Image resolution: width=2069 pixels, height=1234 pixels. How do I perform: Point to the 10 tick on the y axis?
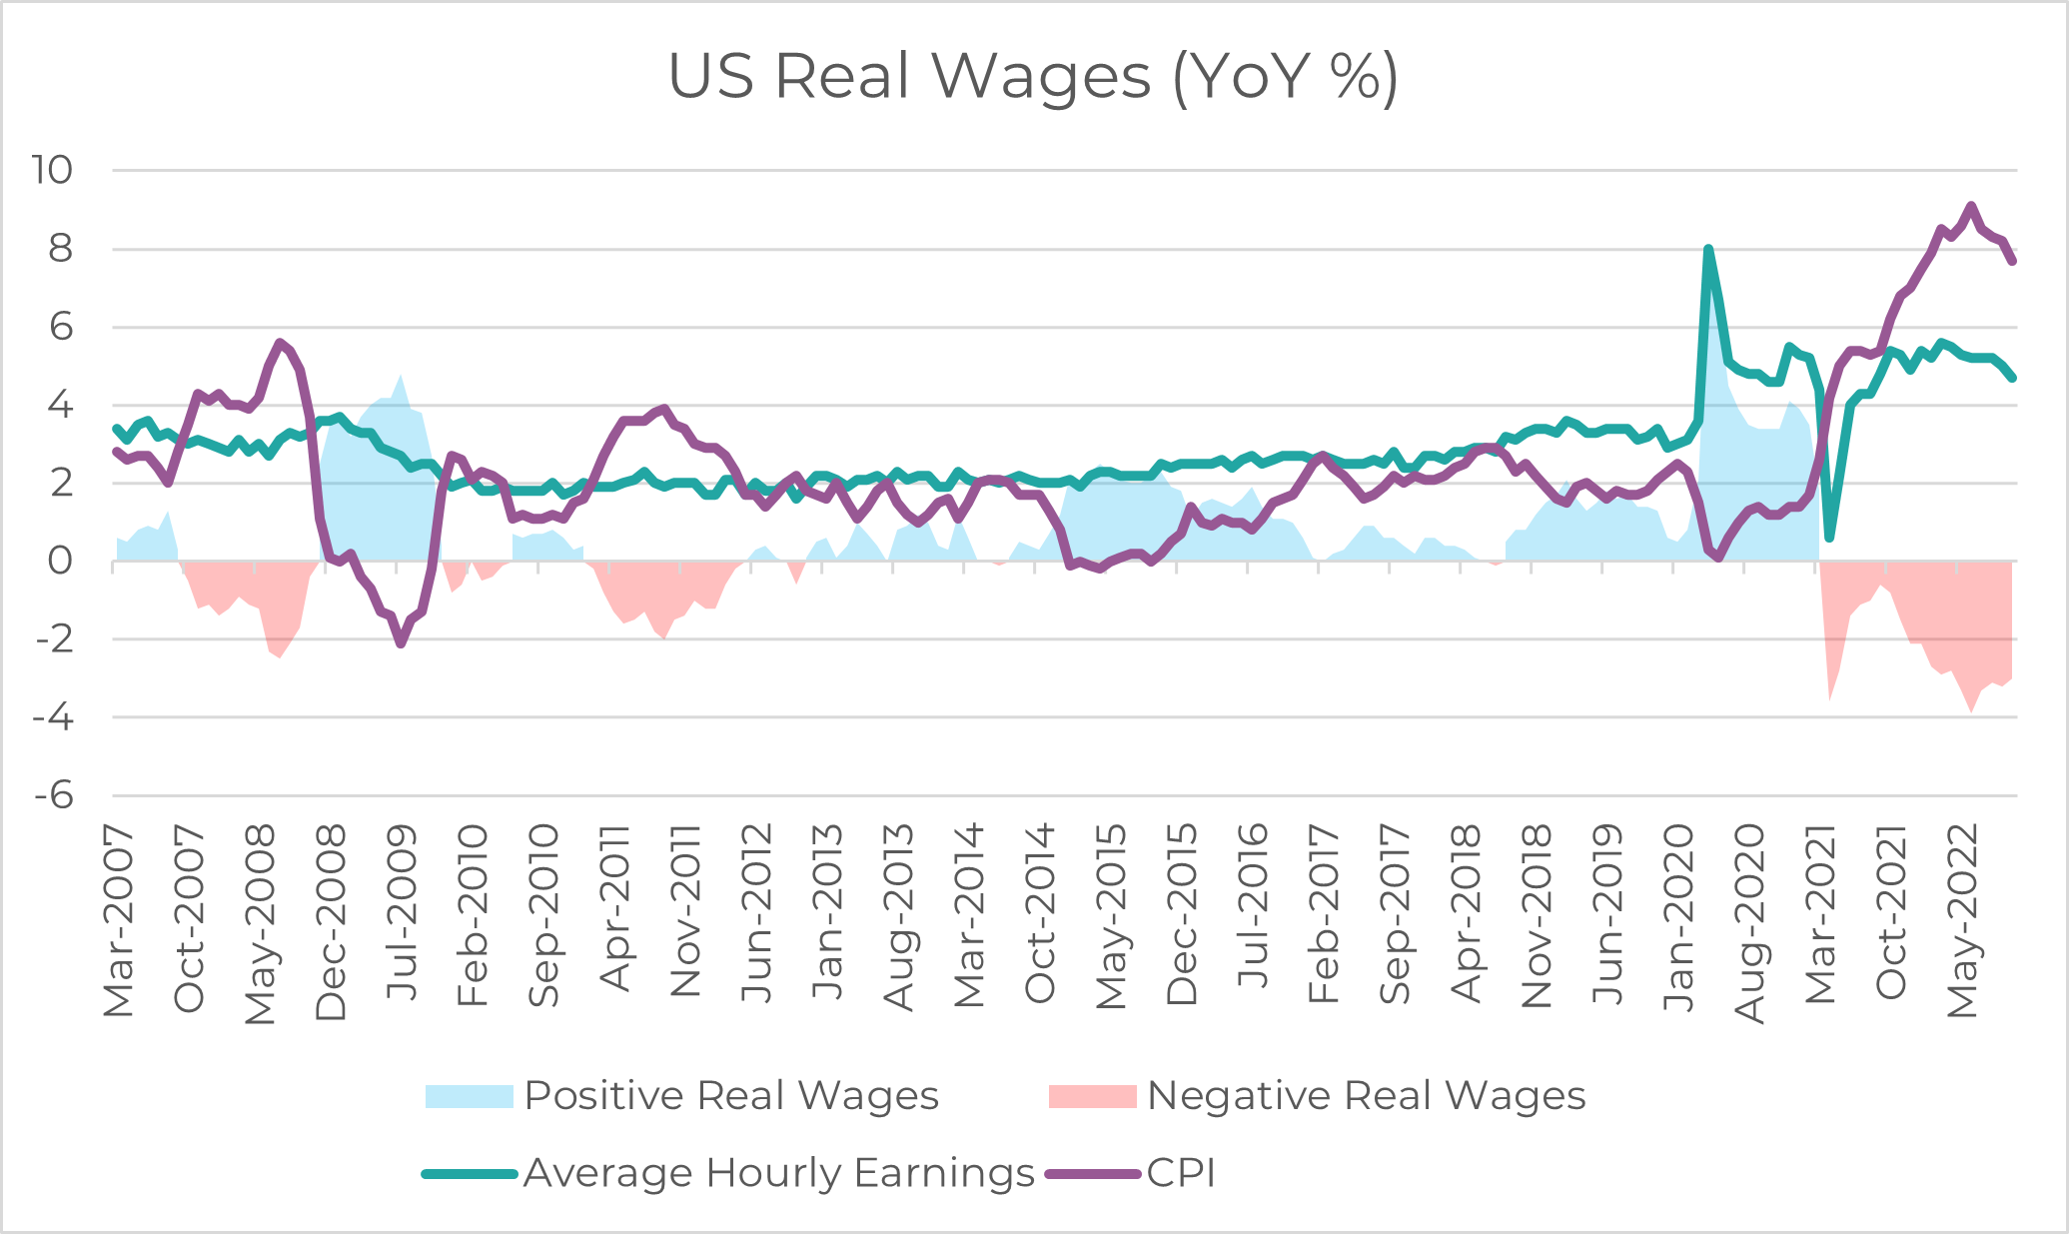tap(52, 170)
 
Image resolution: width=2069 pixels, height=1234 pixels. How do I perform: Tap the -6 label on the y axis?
tap(54, 796)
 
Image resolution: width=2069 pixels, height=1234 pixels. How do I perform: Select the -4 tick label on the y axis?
tap(54, 717)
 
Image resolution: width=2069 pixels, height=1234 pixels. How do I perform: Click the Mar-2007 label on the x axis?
tap(119, 921)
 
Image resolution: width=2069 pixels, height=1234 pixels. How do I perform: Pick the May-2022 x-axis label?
tap(1963, 921)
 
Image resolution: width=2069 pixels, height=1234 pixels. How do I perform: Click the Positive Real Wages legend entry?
tap(681, 1096)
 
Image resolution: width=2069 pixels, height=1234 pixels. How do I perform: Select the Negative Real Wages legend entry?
tap(1317, 1096)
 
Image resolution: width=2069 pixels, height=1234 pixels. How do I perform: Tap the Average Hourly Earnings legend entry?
tap(729, 1173)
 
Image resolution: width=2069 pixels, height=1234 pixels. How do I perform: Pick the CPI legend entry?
tap(1131, 1173)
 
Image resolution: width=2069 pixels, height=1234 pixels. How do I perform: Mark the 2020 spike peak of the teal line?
tap(1708, 249)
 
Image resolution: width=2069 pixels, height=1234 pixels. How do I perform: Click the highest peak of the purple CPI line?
tap(1971, 206)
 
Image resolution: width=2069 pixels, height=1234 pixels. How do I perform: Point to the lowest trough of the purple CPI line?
tap(401, 643)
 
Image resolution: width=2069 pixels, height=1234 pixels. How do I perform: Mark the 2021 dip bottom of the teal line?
tap(1829, 538)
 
